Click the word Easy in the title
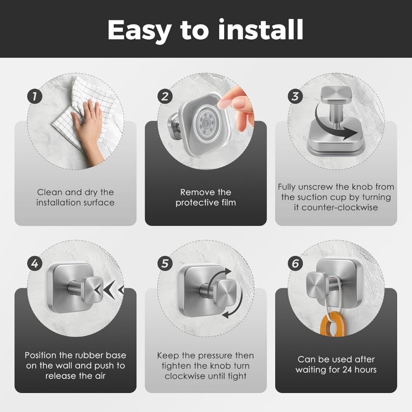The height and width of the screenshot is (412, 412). tap(141, 30)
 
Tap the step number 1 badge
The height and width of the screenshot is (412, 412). tap(35, 97)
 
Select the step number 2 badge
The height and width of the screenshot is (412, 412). tap(165, 97)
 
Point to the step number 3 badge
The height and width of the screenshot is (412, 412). tap(295, 97)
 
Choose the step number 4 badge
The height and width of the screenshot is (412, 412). tap(35, 263)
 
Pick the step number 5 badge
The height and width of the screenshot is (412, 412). tap(165, 263)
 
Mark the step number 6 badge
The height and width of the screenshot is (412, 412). tap(295, 263)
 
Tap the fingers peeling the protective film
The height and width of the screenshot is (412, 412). tap(239, 105)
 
